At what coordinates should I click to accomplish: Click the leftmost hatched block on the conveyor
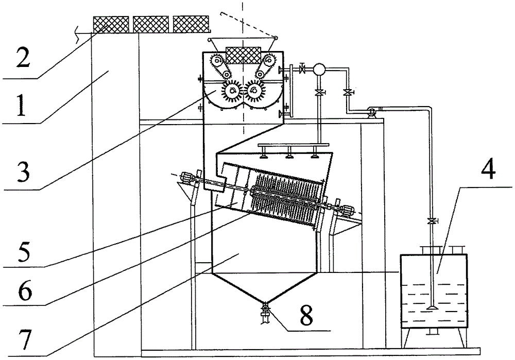pyautogui.click(x=110, y=23)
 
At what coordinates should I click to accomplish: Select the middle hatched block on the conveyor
pyautogui.click(x=151, y=23)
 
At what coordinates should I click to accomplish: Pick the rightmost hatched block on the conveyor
pyautogui.click(x=191, y=23)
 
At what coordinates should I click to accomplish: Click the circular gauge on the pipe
pyautogui.click(x=319, y=68)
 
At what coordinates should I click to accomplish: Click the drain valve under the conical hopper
pyautogui.click(x=266, y=311)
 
